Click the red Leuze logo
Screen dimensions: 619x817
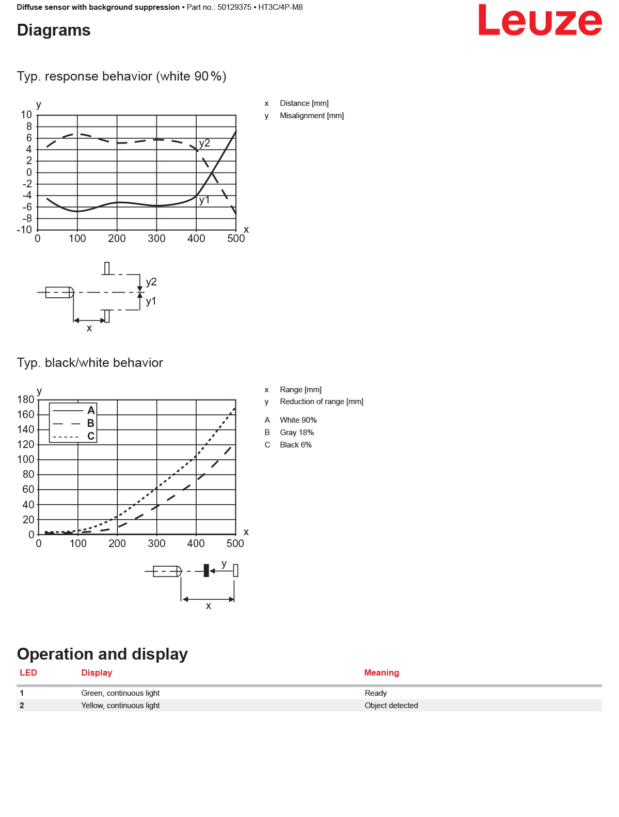(539, 20)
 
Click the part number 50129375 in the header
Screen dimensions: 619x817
(234, 7)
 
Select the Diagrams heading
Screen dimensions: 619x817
(54, 30)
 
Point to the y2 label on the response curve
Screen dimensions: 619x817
(204, 143)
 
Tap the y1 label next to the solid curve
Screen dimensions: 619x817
(204, 200)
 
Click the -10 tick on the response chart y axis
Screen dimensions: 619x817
(24, 230)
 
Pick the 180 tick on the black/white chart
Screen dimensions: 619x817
(26, 399)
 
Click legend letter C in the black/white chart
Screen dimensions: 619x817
(91, 436)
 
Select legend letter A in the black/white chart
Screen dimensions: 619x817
(91, 410)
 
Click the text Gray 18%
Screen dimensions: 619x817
(297, 432)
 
